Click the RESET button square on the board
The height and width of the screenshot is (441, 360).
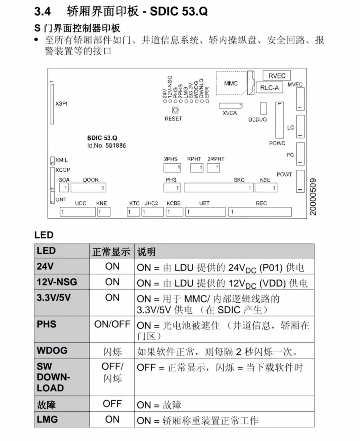coord(175,110)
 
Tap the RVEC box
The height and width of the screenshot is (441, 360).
coord(277,75)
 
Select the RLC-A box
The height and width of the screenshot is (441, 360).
coord(269,87)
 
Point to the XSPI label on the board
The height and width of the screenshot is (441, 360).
coord(61,104)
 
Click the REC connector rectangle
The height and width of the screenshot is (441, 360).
coord(260,212)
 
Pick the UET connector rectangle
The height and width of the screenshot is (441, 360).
coord(206,212)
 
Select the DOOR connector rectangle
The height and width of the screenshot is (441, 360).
coord(88,188)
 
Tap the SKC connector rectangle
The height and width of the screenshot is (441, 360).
coord(219,188)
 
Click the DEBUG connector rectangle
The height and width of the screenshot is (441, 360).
coord(263,108)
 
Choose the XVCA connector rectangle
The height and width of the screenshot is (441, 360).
coord(231,106)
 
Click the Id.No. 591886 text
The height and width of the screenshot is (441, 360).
coord(106,146)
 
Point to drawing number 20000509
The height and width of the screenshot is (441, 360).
coord(313,197)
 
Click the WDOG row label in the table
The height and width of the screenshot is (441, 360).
coord(52,350)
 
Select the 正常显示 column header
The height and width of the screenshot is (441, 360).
coord(111,252)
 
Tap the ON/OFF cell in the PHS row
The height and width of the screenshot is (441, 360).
coord(112,324)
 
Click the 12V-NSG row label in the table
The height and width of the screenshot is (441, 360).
coord(57,282)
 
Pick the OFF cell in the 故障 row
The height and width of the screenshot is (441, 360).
coord(112,404)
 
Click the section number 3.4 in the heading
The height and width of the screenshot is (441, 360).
coord(42,11)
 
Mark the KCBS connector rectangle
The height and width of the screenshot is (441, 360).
coord(175,212)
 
